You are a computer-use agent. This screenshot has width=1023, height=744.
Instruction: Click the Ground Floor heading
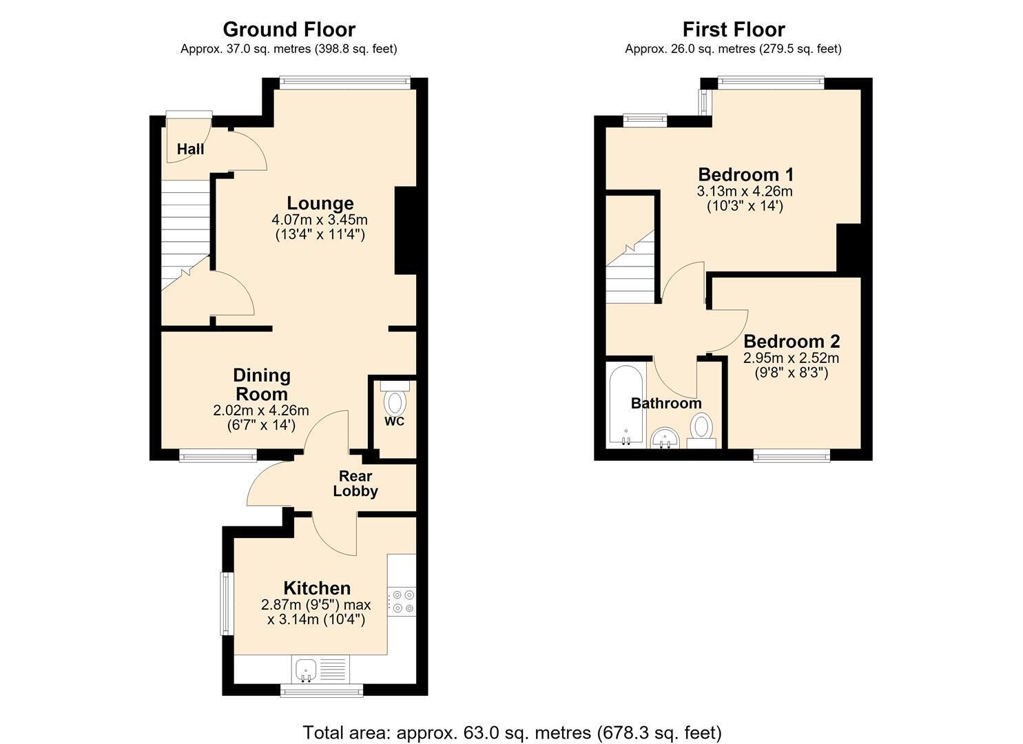tap(289, 30)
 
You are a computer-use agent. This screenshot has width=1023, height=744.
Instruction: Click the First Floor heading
tap(734, 30)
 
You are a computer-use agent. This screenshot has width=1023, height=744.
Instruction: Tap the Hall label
tap(190, 149)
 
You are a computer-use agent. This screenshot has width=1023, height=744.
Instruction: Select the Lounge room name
tap(320, 203)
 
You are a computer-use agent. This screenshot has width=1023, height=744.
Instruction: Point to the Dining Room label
tap(262, 384)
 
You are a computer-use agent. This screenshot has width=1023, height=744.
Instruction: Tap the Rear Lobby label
tap(355, 484)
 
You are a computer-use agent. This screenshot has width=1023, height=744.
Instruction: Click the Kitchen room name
tap(317, 588)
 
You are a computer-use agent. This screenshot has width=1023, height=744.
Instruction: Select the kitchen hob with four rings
tap(402, 601)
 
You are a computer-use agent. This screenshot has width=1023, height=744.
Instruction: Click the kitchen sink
tap(305, 670)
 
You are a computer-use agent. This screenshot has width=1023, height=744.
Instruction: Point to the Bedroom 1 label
tap(746, 174)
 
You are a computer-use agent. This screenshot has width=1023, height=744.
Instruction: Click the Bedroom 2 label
tap(792, 342)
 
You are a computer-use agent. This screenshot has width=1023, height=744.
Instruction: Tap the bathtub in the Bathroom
tap(626, 404)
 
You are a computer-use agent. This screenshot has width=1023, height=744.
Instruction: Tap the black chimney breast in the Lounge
tap(406, 230)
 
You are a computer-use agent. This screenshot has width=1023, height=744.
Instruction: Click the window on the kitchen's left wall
tap(225, 603)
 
